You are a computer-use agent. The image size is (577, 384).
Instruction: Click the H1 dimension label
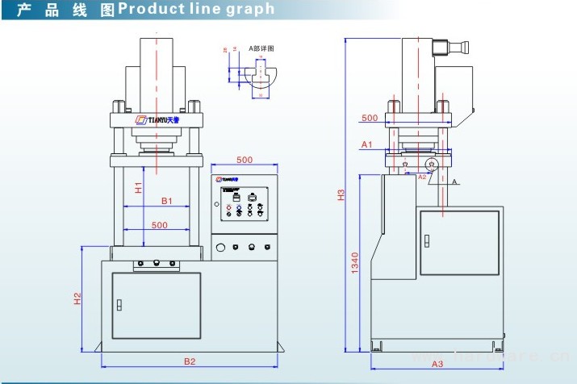tap(139, 188)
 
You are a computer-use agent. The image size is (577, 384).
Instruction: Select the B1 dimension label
tap(166, 200)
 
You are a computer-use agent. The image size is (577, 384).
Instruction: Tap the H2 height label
tap(77, 298)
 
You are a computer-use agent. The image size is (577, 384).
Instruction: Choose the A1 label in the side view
tap(366, 144)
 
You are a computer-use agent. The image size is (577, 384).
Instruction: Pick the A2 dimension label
tap(422, 176)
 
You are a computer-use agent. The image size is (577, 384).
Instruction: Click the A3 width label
tap(437, 363)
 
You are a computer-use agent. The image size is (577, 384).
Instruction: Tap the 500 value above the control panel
tap(245, 160)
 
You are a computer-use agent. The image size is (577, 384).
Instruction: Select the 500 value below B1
tap(159, 225)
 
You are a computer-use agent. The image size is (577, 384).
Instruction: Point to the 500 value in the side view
tap(370, 118)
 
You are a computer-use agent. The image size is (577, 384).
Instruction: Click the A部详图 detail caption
tap(261, 48)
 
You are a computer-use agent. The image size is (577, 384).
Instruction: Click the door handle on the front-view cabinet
tap(119, 305)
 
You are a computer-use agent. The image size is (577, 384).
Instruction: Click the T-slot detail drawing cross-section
tap(260, 78)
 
